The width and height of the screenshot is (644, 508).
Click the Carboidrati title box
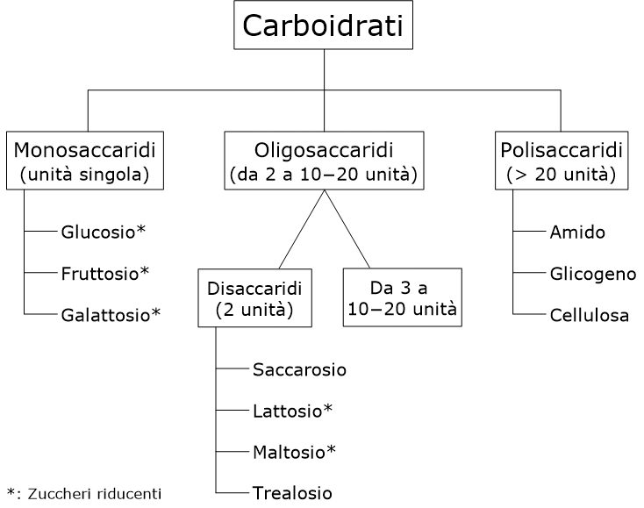coord(324,26)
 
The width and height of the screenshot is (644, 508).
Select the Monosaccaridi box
coord(88,159)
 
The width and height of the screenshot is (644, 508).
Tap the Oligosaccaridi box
coord(324,159)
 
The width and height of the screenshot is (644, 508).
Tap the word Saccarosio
coord(299,369)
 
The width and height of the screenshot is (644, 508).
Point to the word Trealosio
coord(292,492)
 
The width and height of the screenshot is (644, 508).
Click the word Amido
coord(577,233)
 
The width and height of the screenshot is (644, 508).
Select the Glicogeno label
coord(593,274)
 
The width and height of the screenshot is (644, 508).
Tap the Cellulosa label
coord(590,315)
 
